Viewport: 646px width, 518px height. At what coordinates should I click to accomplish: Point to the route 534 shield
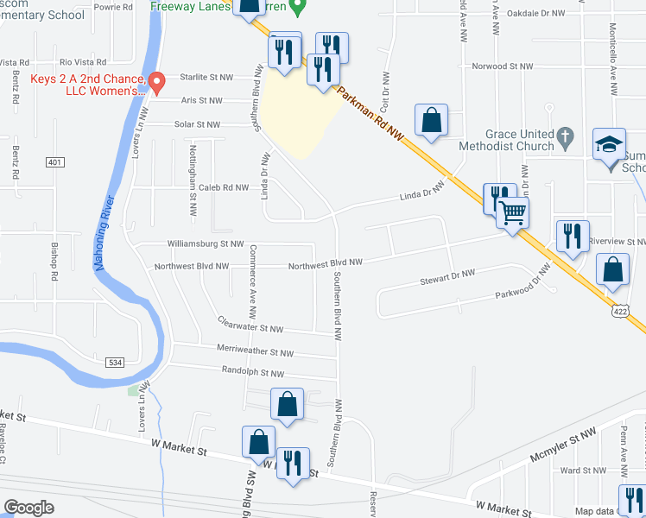[116, 363]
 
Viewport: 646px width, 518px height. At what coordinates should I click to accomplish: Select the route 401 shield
[55, 162]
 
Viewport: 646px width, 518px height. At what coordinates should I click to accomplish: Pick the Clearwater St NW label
[250, 328]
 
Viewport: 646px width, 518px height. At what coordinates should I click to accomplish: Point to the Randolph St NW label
[254, 374]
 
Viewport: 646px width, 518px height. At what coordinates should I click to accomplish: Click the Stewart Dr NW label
[447, 277]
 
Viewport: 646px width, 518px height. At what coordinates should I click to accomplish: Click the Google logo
[28, 507]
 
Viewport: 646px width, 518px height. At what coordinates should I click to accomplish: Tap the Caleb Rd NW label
[223, 187]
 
